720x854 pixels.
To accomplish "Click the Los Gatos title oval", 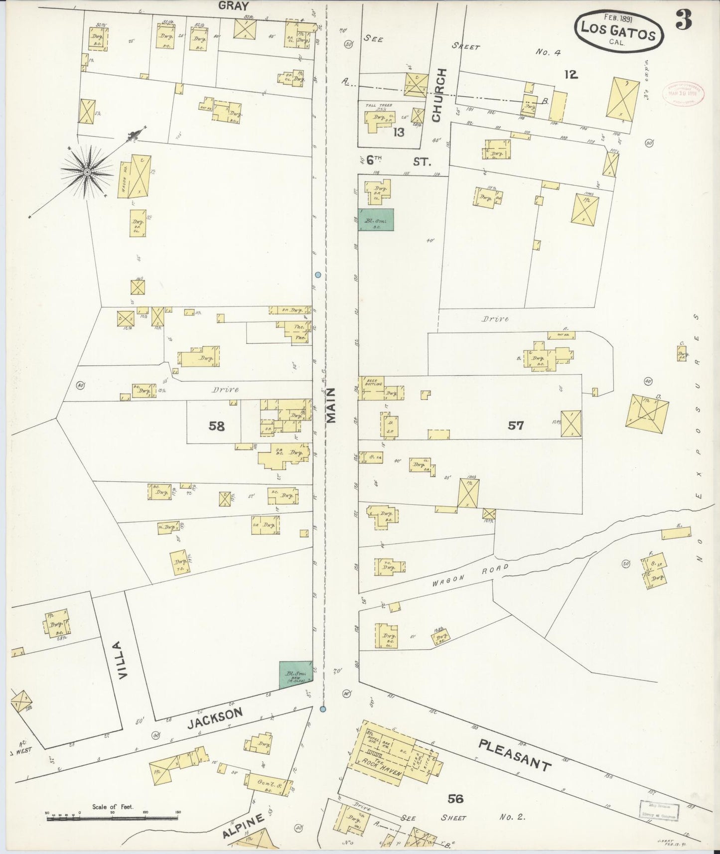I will click(x=619, y=30).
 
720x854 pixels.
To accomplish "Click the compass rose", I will click(x=87, y=171).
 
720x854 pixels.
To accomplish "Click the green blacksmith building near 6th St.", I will click(x=376, y=220).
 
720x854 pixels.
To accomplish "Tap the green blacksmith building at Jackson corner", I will click(x=295, y=676).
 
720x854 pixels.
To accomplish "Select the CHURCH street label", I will click(x=437, y=95).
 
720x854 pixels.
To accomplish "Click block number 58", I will click(x=217, y=426).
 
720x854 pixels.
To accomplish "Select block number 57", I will click(x=516, y=425).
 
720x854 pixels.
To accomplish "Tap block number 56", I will click(x=455, y=799).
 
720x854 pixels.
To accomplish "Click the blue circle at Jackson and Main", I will click(x=323, y=709).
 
